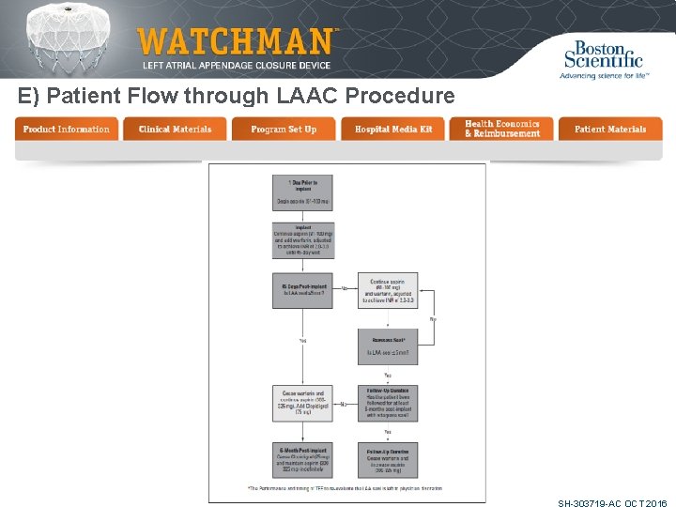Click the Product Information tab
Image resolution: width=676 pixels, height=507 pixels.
67,129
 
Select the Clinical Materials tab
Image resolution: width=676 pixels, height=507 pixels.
175,129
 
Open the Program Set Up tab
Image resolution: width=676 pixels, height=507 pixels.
284,129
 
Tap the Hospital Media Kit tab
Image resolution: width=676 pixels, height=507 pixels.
393,129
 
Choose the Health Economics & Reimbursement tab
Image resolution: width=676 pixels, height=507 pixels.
502,129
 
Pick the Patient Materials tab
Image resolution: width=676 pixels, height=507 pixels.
610,129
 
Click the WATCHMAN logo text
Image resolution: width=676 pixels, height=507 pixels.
235,41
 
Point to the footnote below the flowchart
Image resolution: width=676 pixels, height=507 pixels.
345,488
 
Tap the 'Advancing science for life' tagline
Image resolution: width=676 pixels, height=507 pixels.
604,75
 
